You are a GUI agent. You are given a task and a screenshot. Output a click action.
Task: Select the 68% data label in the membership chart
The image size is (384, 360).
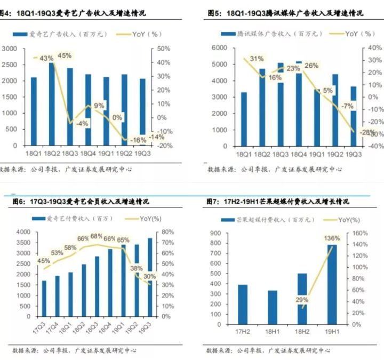pos(97,236)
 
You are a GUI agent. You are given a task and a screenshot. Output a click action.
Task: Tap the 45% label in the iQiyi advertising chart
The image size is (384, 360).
pos(64,55)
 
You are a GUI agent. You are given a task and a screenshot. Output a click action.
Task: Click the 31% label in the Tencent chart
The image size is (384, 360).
pos(257,59)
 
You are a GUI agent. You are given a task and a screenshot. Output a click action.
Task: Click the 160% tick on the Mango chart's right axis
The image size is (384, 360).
pos(357,233)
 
